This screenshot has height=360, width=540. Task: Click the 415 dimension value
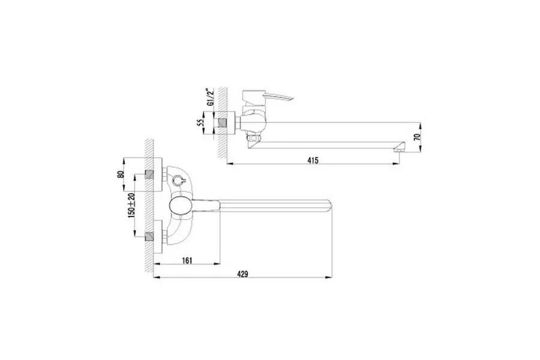[x=312, y=160]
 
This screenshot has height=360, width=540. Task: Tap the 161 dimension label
[x=188, y=260]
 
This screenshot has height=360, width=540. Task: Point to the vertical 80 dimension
[x=121, y=175]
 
